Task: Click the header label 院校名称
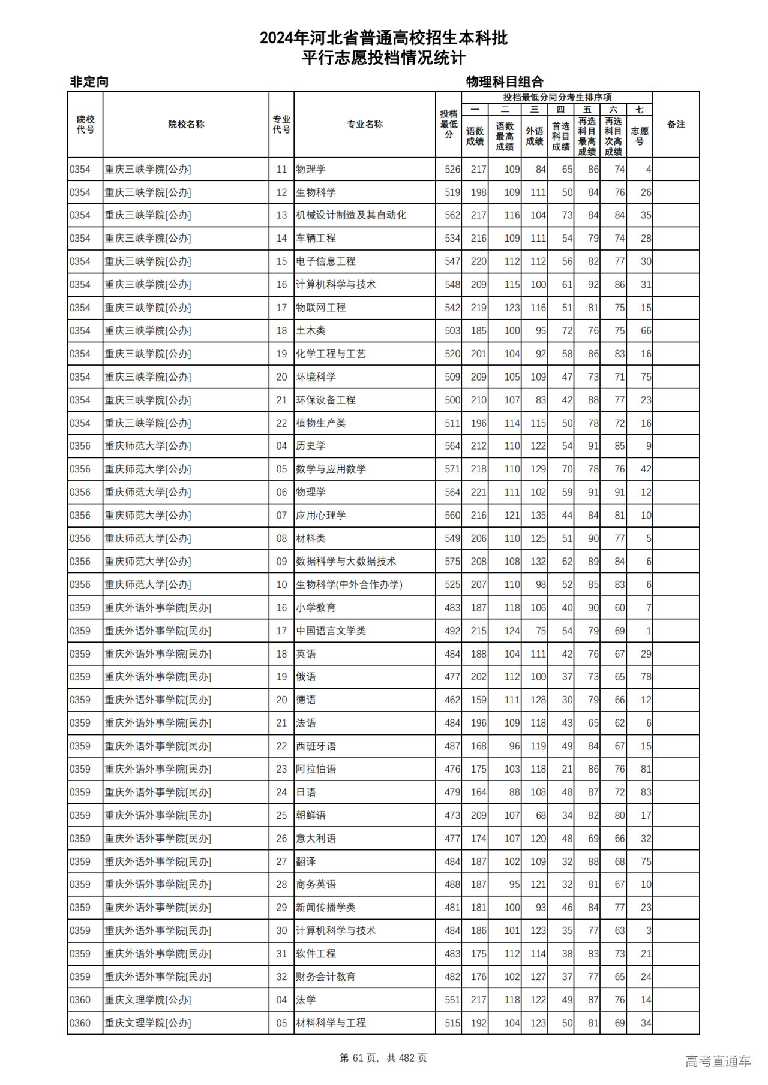point(186,125)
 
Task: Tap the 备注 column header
point(676,125)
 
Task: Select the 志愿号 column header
point(639,136)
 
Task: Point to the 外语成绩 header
point(534,136)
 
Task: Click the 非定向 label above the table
point(89,82)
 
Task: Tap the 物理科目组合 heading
point(505,82)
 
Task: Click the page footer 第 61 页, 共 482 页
point(383,1058)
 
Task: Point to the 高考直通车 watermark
point(718,1061)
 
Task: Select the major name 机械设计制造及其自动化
point(351,215)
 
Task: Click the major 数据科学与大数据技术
point(346,562)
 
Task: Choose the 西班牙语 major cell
point(316,746)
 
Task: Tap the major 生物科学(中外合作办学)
point(349,584)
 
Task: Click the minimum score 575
point(452,562)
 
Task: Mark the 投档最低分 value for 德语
point(452,700)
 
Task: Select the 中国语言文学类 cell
point(331,631)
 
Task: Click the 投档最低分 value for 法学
point(452,1000)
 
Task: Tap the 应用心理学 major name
point(321,516)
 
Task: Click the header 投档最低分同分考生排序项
point(557,97)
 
